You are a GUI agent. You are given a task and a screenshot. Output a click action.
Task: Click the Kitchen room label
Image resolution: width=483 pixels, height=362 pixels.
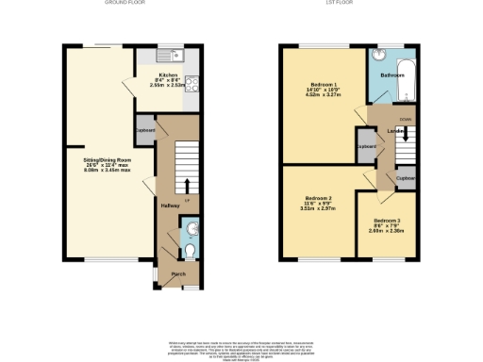click(168, 74)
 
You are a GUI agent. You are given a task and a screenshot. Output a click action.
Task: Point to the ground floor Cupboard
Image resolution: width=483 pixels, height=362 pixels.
click(144, 131)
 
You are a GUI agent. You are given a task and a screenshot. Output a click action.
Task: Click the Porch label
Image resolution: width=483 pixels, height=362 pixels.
click(178, 275)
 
